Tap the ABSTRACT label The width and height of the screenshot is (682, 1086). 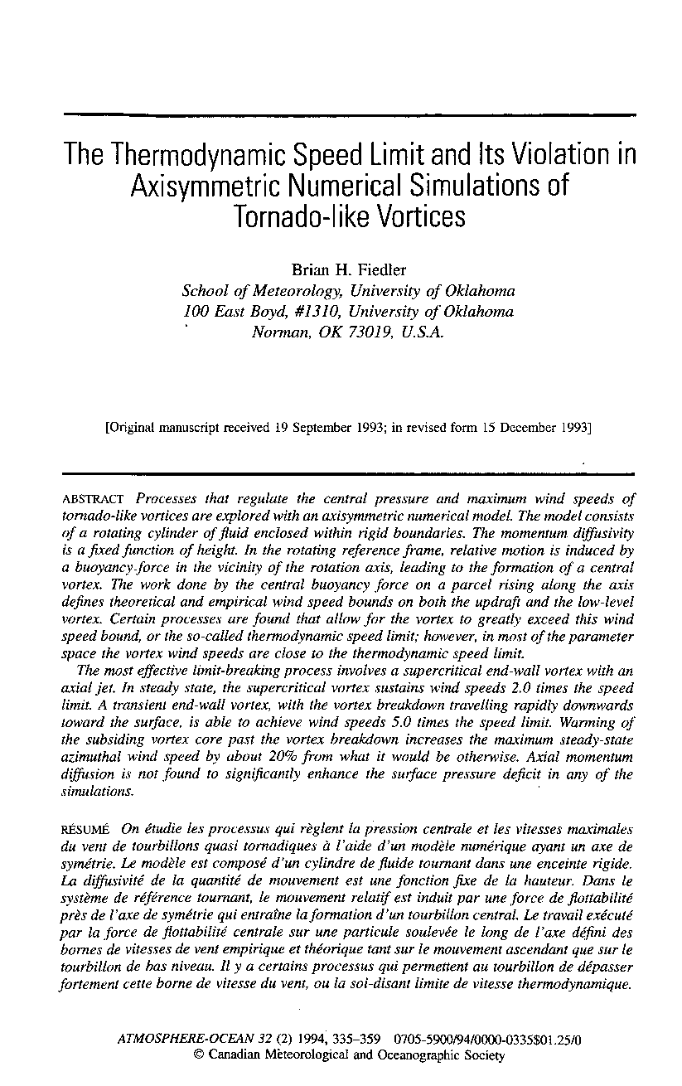94,499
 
